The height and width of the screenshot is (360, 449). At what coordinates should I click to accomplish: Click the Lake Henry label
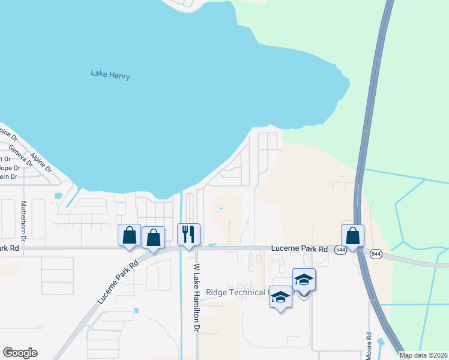click(110, 75)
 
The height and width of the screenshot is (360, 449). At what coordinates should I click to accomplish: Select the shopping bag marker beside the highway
click(353, 235)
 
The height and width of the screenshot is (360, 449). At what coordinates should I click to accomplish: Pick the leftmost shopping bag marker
click(129, 235)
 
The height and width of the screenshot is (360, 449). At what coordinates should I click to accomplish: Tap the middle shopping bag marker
click(154, 238)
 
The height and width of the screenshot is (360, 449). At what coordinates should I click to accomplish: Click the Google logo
click(20, 353)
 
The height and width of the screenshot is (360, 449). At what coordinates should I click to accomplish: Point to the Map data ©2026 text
click(424, 355)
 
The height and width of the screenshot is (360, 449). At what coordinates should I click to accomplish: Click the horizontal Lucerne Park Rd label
click(299, 248)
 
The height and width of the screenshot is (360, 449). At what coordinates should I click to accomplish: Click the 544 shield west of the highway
click(340, 250)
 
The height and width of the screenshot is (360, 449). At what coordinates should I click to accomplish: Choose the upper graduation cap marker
click(304, 280)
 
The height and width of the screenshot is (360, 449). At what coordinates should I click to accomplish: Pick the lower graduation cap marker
click(281, 297)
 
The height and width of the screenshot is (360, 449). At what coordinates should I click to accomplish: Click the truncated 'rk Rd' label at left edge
click(10, 248)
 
